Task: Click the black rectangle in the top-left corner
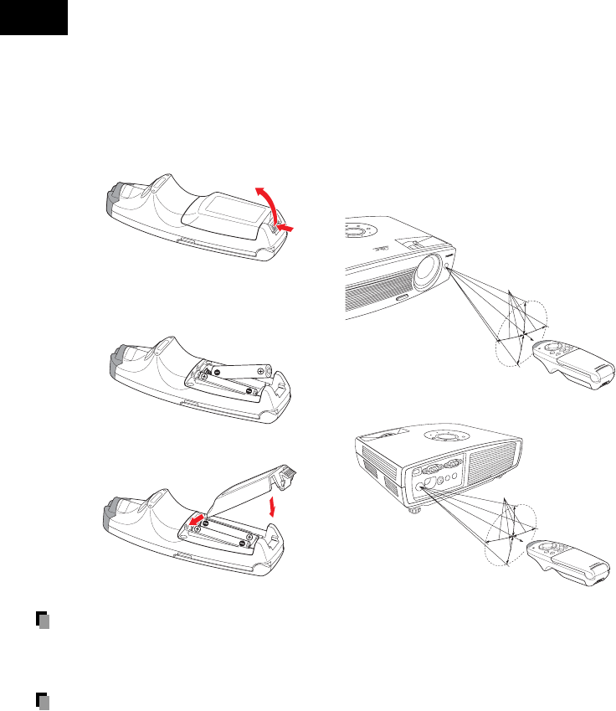click(x=33, y=18)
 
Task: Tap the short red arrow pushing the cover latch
click(x=287, y=227)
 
